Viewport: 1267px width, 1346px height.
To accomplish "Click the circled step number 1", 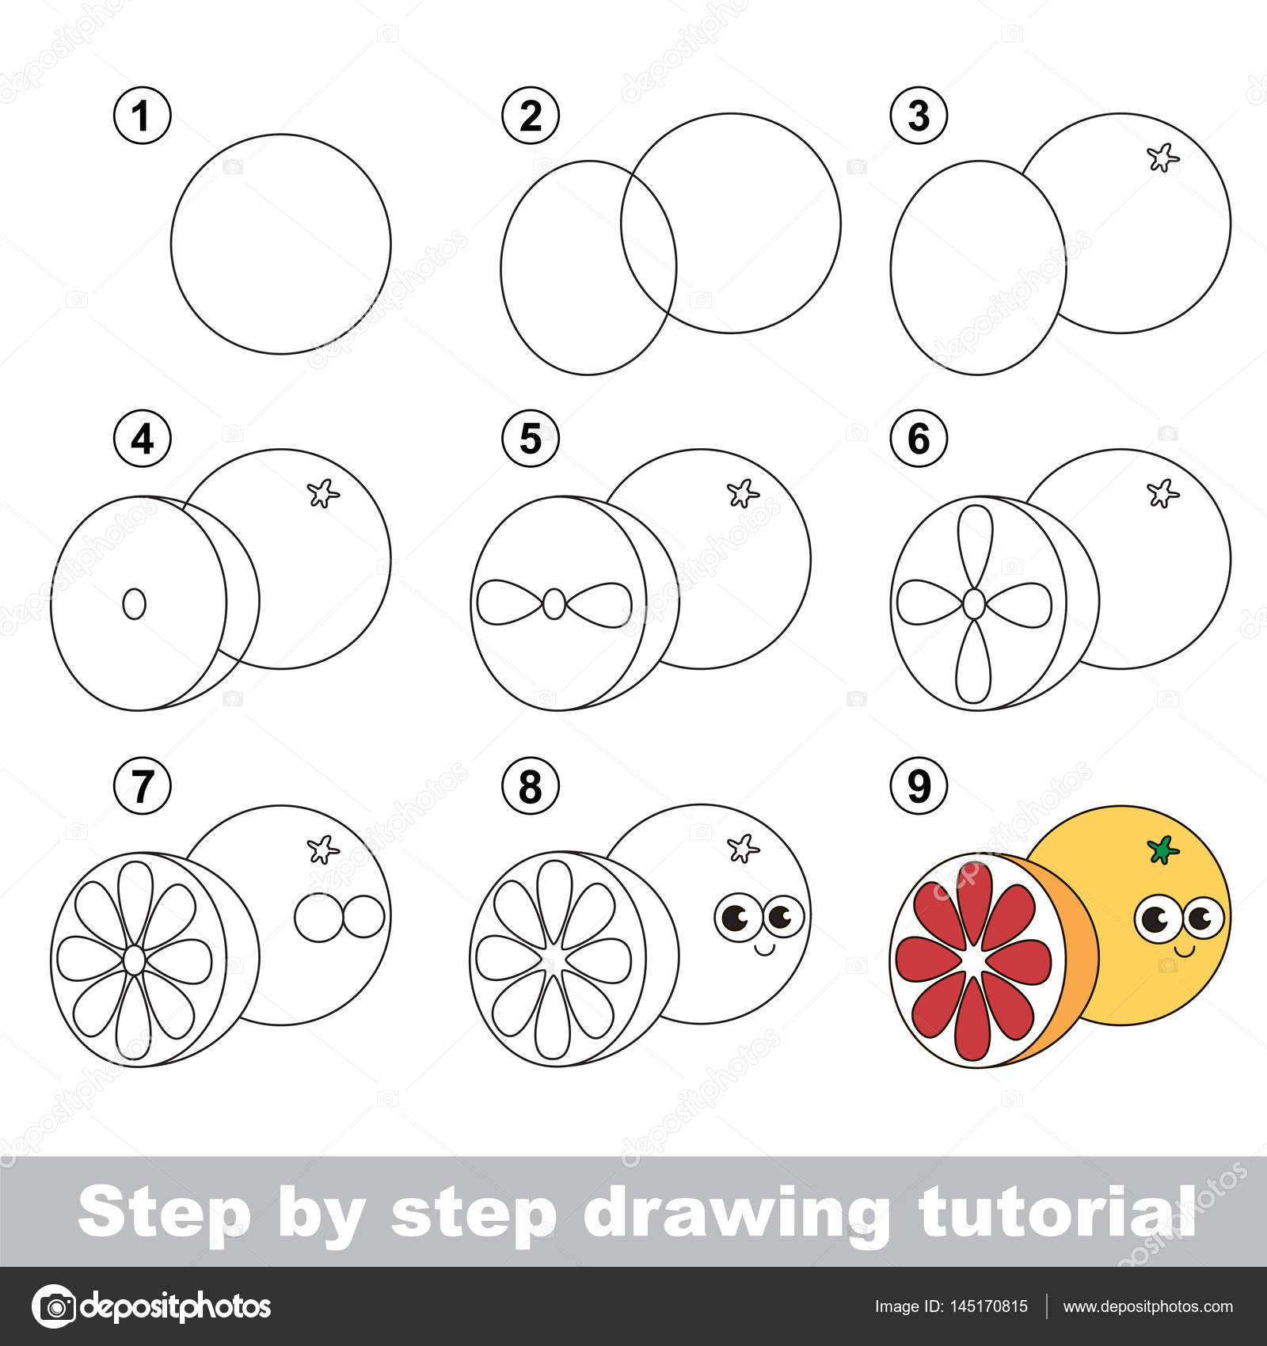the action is click(x=143, y=116).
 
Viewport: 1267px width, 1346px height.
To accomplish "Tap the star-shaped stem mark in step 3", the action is click(x=1163, y=158).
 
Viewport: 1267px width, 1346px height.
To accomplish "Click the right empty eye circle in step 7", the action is click(x=363, y=917).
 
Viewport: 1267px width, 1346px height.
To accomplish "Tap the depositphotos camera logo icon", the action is click(x=54, y=1306).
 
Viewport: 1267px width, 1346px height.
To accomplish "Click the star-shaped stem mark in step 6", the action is click(x=1163, y=493).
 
